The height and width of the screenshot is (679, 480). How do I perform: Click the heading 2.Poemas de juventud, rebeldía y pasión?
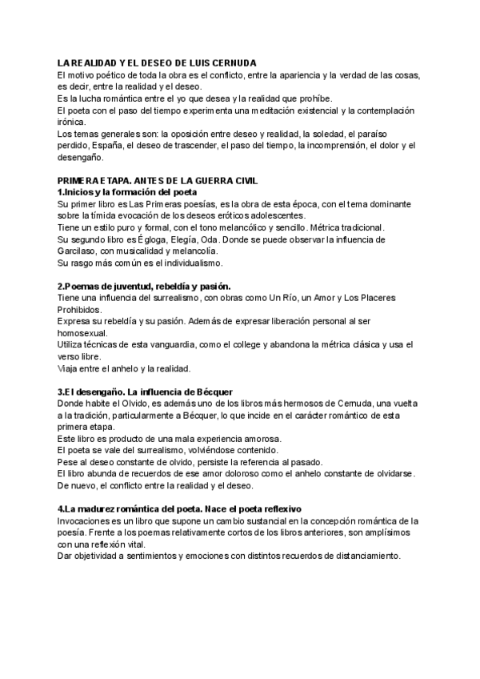click(144, 286)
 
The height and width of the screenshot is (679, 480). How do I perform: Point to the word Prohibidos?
click(80, 309)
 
